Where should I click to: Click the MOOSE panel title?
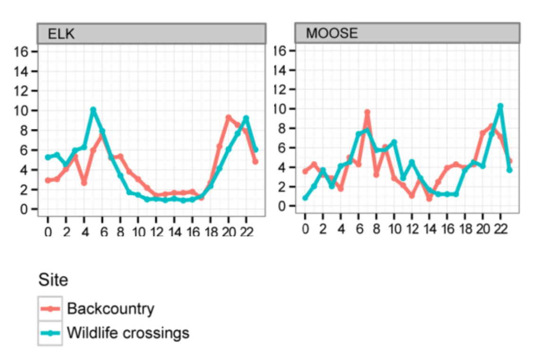(x=331, y=33)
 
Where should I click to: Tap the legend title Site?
(x=53, y=280)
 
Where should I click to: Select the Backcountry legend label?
(x=110, y=309)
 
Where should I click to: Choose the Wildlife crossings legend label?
(x=128, y=333)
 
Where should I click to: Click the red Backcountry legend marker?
(x=50, y=309)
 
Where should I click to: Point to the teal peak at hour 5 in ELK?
(x=93, y=110)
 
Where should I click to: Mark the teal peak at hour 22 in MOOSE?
(x=500, y=106)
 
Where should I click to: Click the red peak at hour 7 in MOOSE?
(x=367, y=112)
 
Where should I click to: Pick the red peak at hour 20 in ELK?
(x=228, y=117)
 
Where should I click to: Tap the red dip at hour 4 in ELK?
(x=84, y=183)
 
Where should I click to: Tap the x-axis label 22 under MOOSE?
(x=500, y=230)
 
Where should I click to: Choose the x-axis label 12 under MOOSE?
(x=411, y=230)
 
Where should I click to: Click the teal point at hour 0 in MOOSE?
(x=305, y=198)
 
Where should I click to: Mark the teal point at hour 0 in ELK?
(x=48, y=157)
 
